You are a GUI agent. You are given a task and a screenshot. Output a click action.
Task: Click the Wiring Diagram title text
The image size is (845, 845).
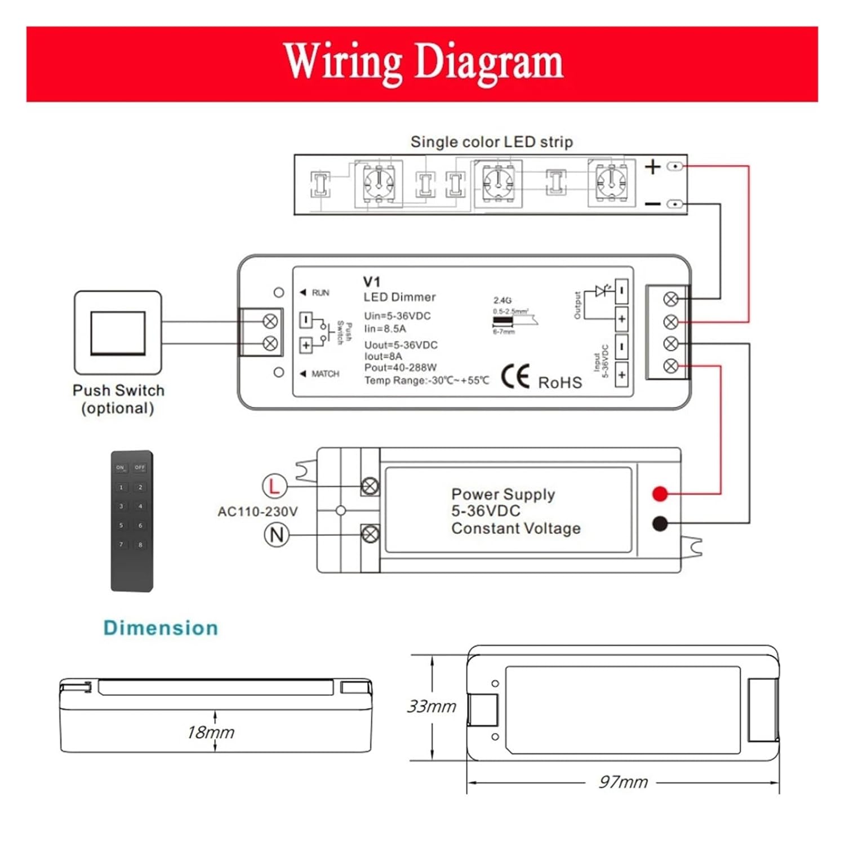coord(423,63)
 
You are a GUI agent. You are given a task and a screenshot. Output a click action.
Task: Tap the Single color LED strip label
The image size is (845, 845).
coord(491,142)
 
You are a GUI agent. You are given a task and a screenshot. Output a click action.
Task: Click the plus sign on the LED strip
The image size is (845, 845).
coord(652,167)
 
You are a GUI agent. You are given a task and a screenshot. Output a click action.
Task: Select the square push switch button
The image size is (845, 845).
coord(118,333)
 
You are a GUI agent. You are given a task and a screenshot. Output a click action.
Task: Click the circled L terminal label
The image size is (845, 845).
coord(275,486)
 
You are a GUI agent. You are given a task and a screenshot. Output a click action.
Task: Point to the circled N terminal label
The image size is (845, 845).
coord(277,534)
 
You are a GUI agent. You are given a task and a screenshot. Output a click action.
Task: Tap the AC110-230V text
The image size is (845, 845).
coord(257,512)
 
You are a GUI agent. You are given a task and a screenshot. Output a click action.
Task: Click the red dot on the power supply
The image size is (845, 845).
coord(660,494)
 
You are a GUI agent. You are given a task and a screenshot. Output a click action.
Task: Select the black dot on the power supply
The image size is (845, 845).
coord(660,524)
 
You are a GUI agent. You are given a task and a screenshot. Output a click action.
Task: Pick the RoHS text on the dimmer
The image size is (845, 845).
coord(560,383)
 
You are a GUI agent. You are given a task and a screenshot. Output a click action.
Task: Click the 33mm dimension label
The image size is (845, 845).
coord(432,706)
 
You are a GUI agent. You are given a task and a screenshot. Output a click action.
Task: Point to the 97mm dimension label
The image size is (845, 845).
coord(623,782)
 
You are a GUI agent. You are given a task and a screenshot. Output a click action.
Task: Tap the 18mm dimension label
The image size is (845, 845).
coord(211,732)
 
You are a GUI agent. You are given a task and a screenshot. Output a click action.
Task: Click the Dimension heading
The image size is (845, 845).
coord(161,628)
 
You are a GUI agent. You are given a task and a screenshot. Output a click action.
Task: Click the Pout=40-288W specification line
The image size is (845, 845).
coord(400,368)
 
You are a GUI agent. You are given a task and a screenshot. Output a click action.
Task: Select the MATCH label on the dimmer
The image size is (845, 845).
coord(325,374)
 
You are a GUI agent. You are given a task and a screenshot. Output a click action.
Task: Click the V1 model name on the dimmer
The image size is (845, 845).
coord(372,282)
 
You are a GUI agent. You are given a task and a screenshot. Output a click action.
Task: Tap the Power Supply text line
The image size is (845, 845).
coord(503,494)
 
